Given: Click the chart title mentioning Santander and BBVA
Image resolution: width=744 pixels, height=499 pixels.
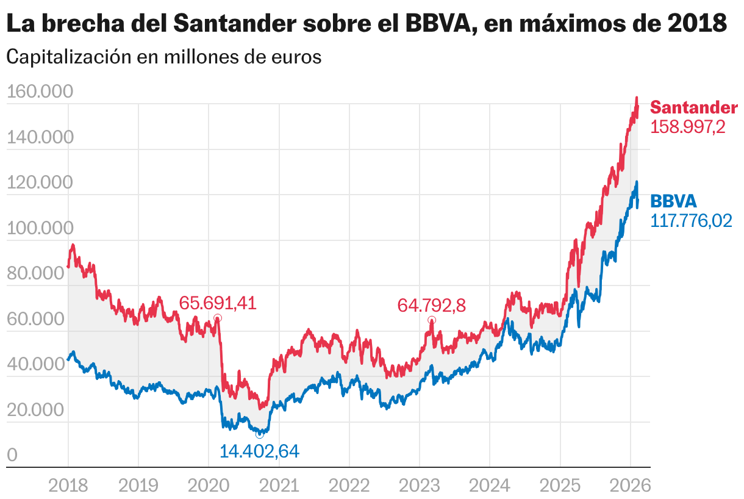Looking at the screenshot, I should (366, 24).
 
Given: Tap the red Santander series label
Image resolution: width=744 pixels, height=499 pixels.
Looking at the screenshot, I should (693, 107).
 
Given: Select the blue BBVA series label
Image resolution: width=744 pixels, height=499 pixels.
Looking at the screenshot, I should (673, 201).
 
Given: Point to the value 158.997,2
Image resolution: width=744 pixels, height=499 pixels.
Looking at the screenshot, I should (688, 127).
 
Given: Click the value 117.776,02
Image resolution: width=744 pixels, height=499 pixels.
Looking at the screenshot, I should (692, 221).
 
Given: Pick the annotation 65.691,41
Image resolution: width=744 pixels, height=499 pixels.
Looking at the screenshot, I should (218, 303).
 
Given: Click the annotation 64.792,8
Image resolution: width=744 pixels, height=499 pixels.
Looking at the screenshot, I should (431, 305).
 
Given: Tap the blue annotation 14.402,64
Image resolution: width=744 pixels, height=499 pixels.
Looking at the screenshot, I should (260, 451).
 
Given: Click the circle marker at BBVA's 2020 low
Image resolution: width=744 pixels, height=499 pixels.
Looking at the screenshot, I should (260, 434).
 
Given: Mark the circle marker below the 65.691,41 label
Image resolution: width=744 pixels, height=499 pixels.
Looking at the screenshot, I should (218, 318).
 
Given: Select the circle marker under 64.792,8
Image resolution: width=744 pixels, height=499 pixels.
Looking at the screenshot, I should (432, 320).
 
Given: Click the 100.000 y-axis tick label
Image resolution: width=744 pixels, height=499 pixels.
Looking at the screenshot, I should (40, 228).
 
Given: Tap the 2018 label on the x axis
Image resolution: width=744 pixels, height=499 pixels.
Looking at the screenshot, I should (68, 486).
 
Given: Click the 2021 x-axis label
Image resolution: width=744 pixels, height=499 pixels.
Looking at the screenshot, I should (279, 486).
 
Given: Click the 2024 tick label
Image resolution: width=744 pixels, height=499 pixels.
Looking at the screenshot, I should (490, 486).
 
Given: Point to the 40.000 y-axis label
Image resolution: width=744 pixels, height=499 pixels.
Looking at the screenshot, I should (36, 365).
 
